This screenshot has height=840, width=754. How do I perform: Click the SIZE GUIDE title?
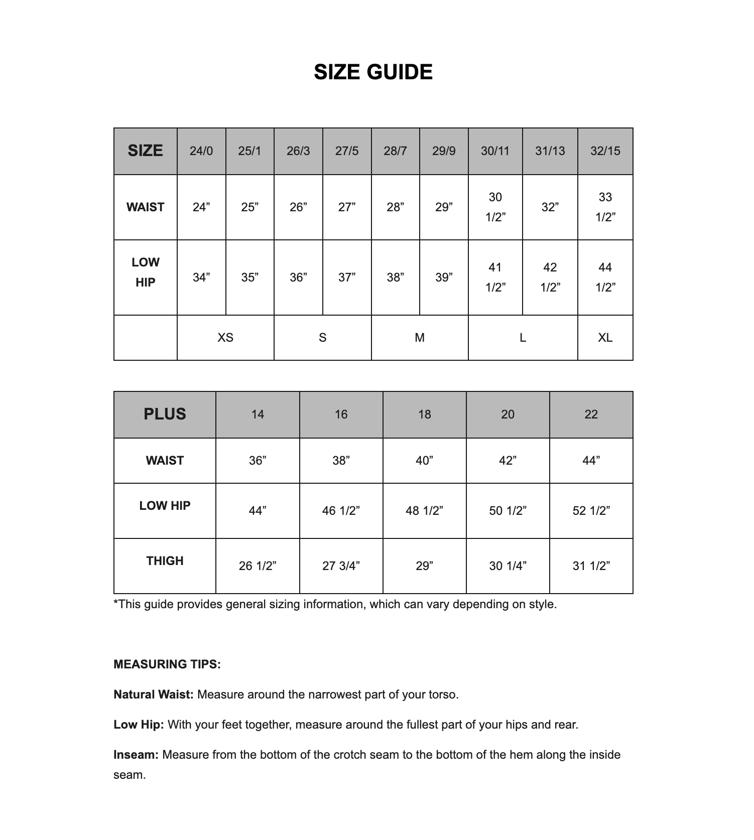(373, 72)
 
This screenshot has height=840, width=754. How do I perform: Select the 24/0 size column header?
(201, 151)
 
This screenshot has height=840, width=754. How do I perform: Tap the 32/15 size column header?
(605, 151)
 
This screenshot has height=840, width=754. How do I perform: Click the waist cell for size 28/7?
(395, 207)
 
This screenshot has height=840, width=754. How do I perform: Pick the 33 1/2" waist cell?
(605, 207)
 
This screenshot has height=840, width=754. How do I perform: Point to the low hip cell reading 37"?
(347, 277)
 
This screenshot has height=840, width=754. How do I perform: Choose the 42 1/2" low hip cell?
(550, 277)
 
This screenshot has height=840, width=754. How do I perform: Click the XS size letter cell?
(225, 338)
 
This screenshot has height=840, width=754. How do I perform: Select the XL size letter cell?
(605, 338)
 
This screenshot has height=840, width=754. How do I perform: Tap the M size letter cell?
(420, 338)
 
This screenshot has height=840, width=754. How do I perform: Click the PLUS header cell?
(165, 414)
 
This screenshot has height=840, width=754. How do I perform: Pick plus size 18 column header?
(424, 414)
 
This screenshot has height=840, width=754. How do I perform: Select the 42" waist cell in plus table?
(508, 461)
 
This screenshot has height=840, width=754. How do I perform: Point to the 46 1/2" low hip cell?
(341, 511)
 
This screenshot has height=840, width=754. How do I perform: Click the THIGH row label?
(165, 561)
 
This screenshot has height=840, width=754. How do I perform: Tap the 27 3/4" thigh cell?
(341, 566)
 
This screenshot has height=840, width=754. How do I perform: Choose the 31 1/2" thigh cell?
(591, 566)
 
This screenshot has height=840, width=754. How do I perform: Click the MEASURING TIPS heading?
(167, 664)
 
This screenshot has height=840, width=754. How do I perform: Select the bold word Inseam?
(136, 755)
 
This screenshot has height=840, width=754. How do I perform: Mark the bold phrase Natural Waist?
(153, 694)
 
